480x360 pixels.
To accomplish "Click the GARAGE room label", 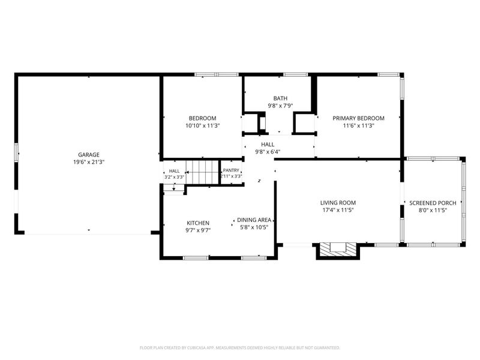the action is point(88,155).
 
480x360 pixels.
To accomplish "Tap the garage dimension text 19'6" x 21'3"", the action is point(88,162).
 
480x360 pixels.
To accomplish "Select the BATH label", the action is point(280,98).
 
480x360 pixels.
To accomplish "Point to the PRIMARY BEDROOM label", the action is point(358,118).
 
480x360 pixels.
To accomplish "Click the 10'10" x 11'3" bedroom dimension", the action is point(203,125).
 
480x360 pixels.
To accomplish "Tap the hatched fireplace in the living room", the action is point(338,250).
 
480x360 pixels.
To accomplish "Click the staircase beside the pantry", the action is point(203,172).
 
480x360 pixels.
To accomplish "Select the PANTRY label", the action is point(231,170).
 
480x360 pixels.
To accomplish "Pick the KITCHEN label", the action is point(198,223).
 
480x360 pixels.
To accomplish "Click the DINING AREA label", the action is point(254,220).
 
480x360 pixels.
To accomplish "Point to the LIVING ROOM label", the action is point(338,203).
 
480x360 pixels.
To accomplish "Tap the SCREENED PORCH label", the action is point(433,203).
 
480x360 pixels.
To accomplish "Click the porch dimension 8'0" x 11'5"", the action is point(433,211).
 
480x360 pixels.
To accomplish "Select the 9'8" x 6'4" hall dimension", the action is point(268,152).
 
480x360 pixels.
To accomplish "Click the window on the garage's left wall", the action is point(16,152).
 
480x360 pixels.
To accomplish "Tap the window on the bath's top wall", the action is point(295,74).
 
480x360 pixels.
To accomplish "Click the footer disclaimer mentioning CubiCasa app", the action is point(239,348).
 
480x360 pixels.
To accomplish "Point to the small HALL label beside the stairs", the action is point(174,171).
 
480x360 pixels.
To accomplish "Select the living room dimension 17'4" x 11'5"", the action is point(338,210).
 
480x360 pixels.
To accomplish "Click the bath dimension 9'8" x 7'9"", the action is point(280,106).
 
